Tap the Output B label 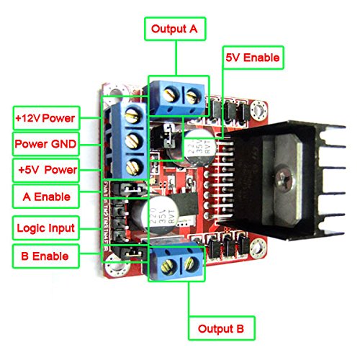pyautogui.click(x=221, y=329)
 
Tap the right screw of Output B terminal pyautogui.click(x=192, y=262)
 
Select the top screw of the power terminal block pyautogui.click(x=132, y=114)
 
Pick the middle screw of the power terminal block pyautogui.click(x=132, y=140)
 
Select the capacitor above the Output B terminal pyautogui.click(x=163, y=216)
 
